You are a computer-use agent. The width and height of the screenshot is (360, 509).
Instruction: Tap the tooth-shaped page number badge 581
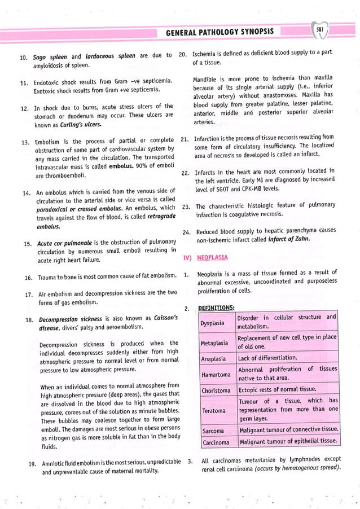point(320,30)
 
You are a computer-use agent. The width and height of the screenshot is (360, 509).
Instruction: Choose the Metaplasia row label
point(214,343)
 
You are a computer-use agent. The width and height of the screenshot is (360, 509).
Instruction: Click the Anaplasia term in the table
point(213,358)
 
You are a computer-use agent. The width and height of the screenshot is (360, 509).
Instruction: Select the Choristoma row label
point(216,390)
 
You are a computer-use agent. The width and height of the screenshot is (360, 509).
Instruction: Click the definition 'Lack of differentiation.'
point(266,358)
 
